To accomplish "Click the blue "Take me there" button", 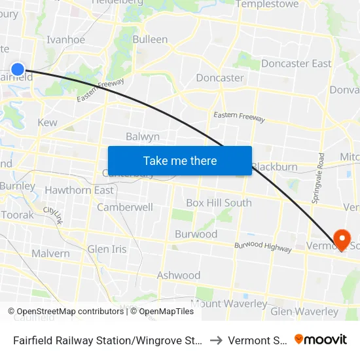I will click(179, 160).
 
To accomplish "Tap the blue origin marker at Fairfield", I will click(18, 69).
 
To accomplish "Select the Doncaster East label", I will click(296, 63).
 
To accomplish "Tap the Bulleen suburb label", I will click(150, 39).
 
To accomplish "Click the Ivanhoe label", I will click(65, 39).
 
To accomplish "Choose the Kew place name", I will click(47, 122).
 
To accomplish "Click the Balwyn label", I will click(143, 137).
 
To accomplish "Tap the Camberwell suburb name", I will click(125, 207).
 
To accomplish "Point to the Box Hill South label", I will click(219, 203).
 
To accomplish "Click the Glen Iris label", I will click(107, 249).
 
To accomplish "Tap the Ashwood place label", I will click(178, 276).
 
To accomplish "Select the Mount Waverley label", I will click(229, 304).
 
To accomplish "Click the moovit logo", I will click(320, 339).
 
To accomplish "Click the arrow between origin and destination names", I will click(216, 340).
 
